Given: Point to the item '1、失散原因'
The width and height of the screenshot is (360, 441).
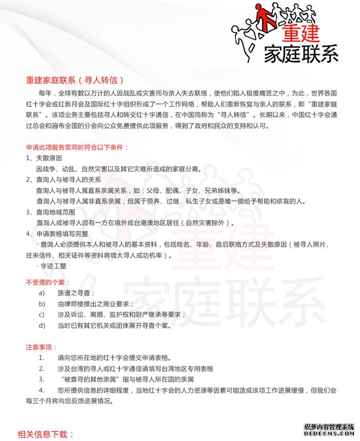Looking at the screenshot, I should pos(44,158).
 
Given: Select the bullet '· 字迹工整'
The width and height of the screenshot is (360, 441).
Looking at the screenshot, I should pos(51,266).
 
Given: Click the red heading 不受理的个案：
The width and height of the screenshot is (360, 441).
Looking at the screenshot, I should pos(48,282).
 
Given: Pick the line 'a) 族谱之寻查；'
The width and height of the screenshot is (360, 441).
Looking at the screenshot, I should pos(67,293).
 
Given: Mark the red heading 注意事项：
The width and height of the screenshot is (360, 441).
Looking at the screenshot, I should pos(42,347).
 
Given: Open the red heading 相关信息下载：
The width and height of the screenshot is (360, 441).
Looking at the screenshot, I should pos(46,434).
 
